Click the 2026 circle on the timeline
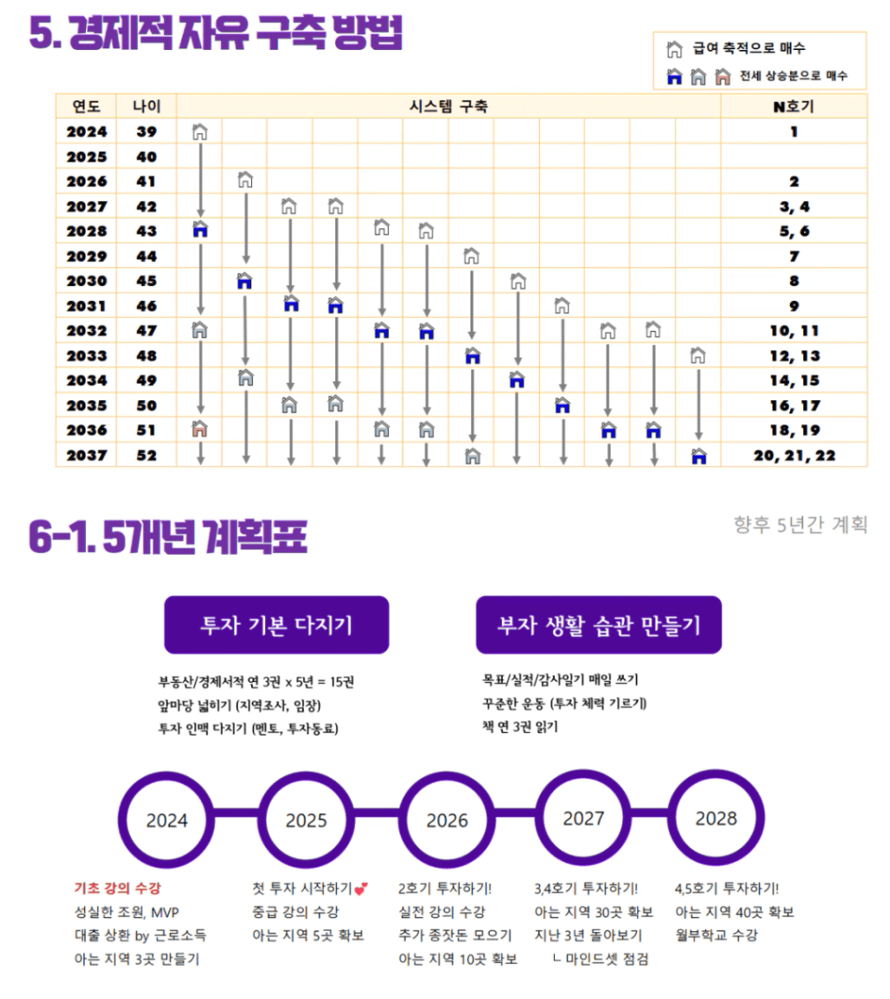[x=447, y=820]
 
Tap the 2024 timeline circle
[x=167, y=820]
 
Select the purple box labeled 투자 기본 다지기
[x=276, y=625]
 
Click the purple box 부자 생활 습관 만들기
[x=599, y=625]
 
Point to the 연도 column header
[x=86, y=106]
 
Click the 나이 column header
[x=147, y=106]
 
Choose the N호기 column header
[x=793, y=106]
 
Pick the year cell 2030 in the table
[x=86, y=281]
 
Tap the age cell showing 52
[x=147, y=456]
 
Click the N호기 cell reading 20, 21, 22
[x=793, y=456]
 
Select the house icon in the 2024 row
[x=200, y=132]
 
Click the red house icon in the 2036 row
[x=200, y=430]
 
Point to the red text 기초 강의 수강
[x=118, y=888]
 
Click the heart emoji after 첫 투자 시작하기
[x=362, y=888]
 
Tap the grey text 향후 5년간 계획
[x=800, y=525]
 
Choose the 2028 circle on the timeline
[x=716, y=818]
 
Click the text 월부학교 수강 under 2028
[x=716, y=935]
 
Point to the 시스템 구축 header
[x=449, y=106]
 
